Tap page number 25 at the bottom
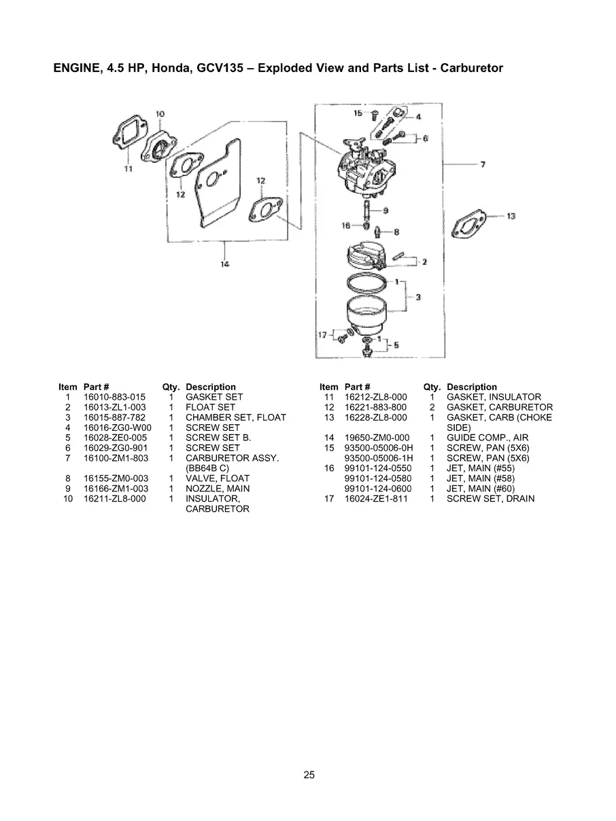pos(309,774)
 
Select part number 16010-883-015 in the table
pos(114,397)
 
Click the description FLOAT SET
pos(210,407)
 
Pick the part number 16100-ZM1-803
pos(115,458)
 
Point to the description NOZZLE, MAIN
pos(217,489)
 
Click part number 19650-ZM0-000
pos(375,438)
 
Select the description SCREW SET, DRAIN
pos(490,499)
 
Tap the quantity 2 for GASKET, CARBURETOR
pos(432,407)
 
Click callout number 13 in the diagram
pos(511,216)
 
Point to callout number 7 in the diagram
pos(482,164)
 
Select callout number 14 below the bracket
pos(225,264)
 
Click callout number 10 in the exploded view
pos(160,113)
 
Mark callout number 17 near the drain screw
pos(324,334)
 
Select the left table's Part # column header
pos(97,387)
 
